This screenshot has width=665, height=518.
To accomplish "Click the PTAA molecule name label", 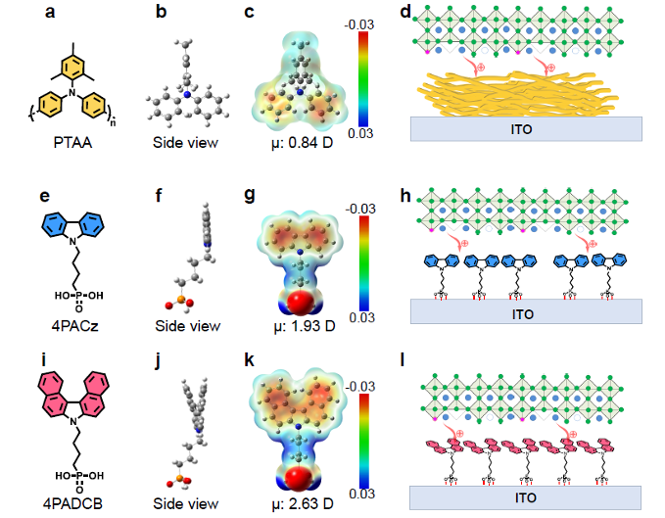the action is (x=72, y=142).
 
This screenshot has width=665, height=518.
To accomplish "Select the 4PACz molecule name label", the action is (x=74, y=325).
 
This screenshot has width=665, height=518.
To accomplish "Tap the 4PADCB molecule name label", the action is (x=72, y=503).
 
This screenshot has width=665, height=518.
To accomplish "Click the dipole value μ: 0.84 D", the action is (x=302, y=143).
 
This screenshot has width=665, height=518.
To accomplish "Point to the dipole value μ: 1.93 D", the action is (x=304, y=326).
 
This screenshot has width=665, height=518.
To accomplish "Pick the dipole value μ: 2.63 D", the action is (x=303, y=503).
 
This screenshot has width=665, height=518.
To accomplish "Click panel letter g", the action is (x=250, y=195).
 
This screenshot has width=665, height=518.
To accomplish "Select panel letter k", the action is (x=249, y=360).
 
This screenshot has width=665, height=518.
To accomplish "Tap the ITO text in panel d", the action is (x=521, y=129).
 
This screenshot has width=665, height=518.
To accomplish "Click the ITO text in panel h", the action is (x=523, y=314).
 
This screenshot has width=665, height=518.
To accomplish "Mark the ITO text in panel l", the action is (x=526, y=497).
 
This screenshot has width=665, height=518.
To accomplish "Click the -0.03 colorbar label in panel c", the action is (x=359, y=24).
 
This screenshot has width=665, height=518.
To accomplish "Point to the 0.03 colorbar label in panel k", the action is (x=361, y=494).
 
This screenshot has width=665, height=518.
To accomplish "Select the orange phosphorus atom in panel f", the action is (x=180, y=300).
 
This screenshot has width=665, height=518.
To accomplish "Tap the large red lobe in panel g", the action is (x=301, y=303).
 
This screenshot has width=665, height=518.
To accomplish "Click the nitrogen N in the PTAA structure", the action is (x=72, y=92).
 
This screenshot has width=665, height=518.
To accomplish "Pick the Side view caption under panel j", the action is (x=186, y=503).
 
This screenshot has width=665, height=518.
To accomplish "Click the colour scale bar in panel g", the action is (x=364, y=263).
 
